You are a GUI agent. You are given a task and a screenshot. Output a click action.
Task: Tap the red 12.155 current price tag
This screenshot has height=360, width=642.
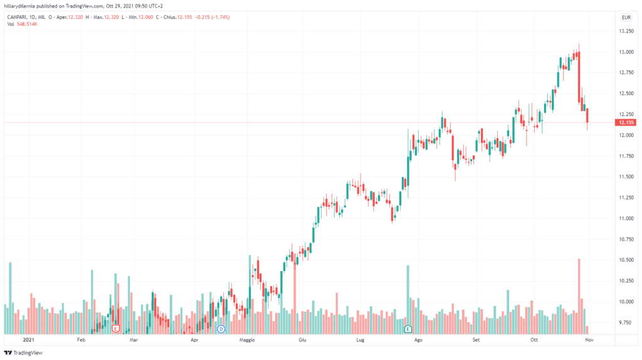(624, 122)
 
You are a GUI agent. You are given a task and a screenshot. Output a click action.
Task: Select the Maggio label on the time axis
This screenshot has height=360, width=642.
(247, 340)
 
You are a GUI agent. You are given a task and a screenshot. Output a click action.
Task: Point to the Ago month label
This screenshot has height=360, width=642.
(418, 340)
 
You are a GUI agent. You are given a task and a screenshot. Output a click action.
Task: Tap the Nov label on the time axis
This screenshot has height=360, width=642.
(589, 340)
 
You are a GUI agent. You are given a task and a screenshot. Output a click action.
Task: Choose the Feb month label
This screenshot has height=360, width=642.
(80, 340)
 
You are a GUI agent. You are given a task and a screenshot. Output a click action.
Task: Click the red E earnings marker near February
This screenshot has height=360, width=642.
(115, 328)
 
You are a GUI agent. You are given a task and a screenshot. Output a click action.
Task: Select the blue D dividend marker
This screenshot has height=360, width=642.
(221, 328)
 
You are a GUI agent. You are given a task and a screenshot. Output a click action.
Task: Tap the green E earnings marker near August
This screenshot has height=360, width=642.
(408, 328)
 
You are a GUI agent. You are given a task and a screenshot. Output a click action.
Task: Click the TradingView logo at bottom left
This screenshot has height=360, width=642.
(21, 352)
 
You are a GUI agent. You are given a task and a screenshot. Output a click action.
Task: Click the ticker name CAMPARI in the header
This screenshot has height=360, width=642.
(19, 17)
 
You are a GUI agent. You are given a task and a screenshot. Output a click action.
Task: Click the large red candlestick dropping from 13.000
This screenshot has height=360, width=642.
(578, 75)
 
